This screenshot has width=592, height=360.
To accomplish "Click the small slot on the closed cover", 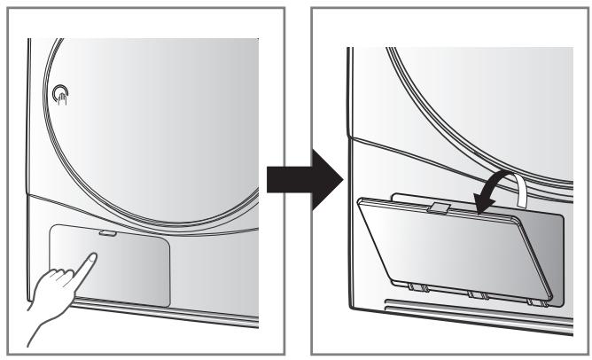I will pos(107,234).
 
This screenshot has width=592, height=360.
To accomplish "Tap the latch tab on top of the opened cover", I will pos(437,208).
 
